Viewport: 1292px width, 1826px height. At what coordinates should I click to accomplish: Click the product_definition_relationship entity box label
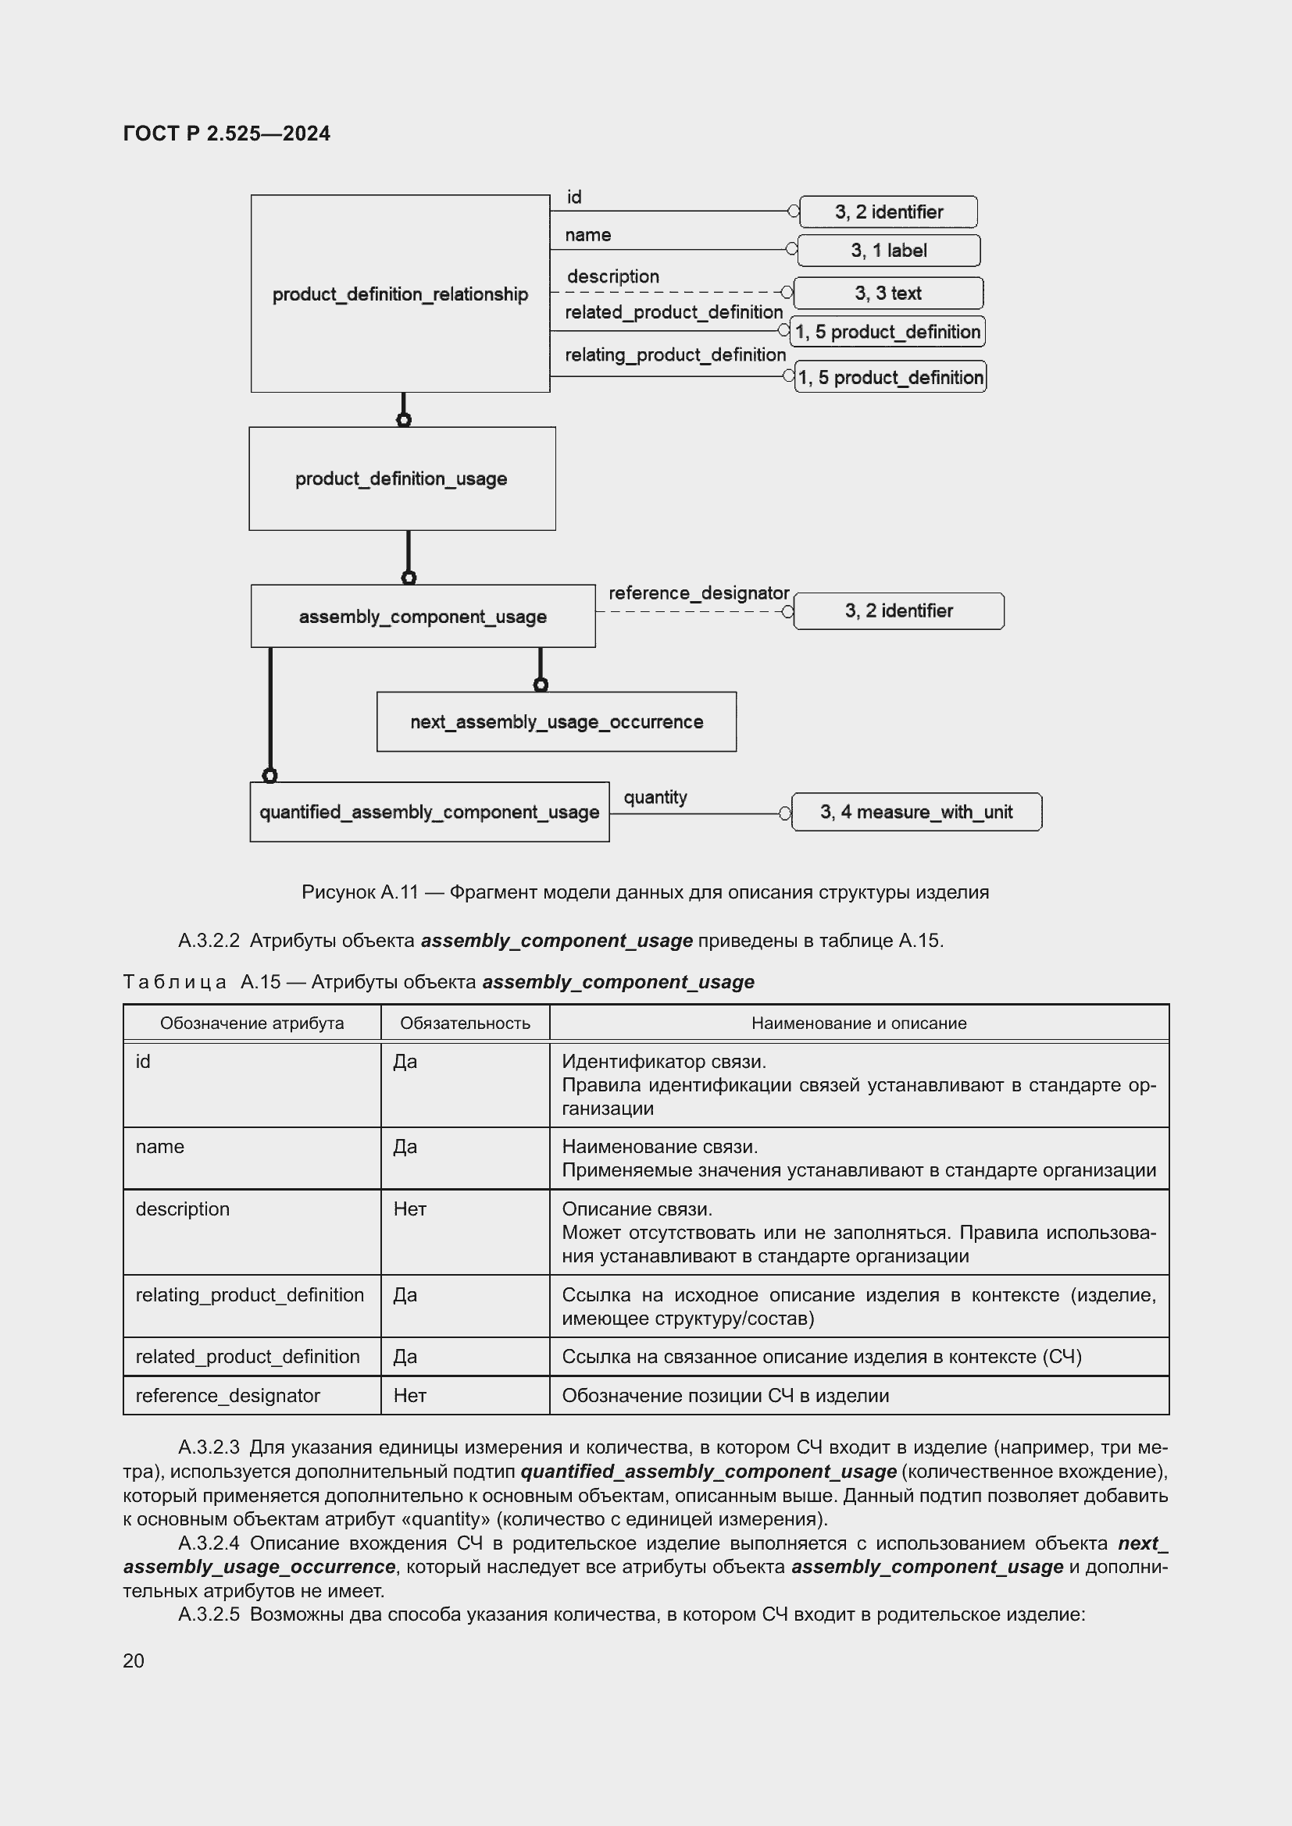coord(399,294)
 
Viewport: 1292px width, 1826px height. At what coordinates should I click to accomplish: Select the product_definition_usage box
coord(402,479)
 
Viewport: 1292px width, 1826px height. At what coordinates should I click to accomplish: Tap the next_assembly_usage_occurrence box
coord(556,722)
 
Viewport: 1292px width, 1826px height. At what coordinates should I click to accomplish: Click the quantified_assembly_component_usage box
coord(429,812)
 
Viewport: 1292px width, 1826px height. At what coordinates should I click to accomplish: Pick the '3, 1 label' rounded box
coord(888,251)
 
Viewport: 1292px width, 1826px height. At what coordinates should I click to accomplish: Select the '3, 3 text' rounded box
coord(888,294)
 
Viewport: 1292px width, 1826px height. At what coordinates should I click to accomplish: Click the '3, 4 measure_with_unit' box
coord(915,812)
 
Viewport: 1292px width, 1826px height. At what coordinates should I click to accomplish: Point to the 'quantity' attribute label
coord(655,797)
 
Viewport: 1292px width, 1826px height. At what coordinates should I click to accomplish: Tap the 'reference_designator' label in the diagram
coord(698,593)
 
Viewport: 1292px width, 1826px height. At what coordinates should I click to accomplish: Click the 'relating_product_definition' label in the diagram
coord(675,354)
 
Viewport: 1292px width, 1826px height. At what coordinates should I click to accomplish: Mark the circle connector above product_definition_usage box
coord(404,420)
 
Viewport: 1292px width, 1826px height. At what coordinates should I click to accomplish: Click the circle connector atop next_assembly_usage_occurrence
coord(541,685)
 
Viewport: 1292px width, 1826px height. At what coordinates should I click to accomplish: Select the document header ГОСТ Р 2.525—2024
coord(227,133)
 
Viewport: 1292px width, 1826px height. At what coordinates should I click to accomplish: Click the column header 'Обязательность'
coord(465,1023)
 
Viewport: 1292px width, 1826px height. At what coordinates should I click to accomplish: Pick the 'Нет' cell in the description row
coord(410,1209)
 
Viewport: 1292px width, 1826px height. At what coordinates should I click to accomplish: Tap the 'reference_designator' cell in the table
coord(227,1396)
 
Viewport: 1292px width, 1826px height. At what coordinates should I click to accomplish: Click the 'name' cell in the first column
coord(160,1147)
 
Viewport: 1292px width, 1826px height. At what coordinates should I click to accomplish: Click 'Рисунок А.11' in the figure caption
coord(359,892)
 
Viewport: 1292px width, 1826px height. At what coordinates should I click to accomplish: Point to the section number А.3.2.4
coord(209,1543)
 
